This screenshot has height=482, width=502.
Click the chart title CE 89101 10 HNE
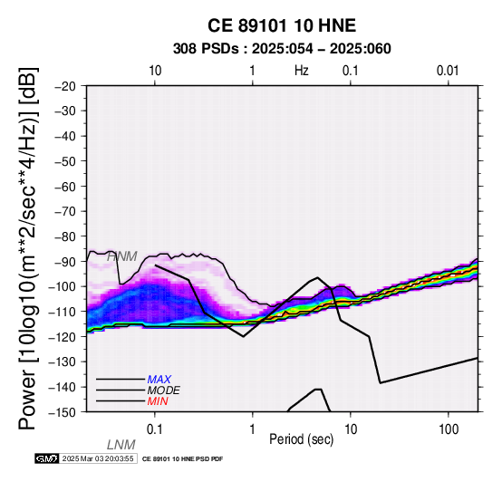282,25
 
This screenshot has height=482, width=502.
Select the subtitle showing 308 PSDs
282,49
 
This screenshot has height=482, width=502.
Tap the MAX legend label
159,380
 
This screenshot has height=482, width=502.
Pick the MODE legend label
164,390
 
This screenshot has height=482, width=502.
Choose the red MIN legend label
158,401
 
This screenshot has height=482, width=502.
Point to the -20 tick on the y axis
65,86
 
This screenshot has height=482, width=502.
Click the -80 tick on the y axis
65,236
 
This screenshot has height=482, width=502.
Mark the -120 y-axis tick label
62,337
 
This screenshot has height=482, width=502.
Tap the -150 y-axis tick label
62,412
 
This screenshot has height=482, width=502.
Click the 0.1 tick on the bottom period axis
155,429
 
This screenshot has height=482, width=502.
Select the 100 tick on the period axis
449,429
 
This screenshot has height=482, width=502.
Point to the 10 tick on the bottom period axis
351,429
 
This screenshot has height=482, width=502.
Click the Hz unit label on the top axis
302,71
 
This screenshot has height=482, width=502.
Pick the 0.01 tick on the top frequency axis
448,71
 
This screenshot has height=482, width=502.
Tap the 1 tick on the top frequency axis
253,71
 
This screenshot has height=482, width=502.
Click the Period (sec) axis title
301,439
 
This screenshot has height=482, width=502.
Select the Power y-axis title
28,248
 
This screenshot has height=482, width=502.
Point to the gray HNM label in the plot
122,256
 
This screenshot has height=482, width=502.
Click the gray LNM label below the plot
121,445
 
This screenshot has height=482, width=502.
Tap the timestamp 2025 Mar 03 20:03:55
98,458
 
